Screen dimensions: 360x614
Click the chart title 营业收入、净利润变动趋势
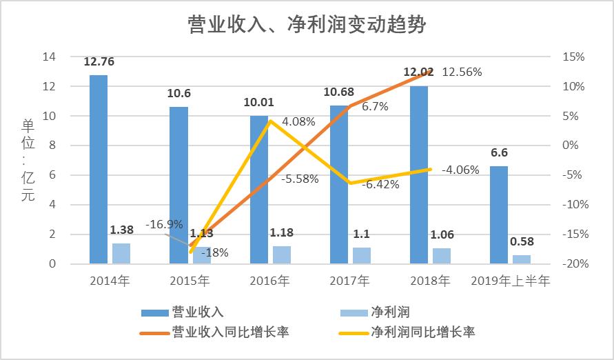pyautogui.click(x=307, y=26)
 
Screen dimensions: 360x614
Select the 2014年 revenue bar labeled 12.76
pyautogui.click(x=99, y=169)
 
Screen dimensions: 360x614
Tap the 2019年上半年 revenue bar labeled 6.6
pyautogui.click(x=499, y=214)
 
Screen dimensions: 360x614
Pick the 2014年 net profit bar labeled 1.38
pyautogui.click(x=121, y=253)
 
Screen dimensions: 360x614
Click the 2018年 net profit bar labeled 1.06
pyautogui.click(x=442, y=256)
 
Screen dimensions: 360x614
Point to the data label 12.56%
pyautogui.click(x=462, y=72)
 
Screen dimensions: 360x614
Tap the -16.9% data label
pyautogui.click(x=165, y=224)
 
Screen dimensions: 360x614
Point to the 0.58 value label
pyautogui.click(x=522, y=241)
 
